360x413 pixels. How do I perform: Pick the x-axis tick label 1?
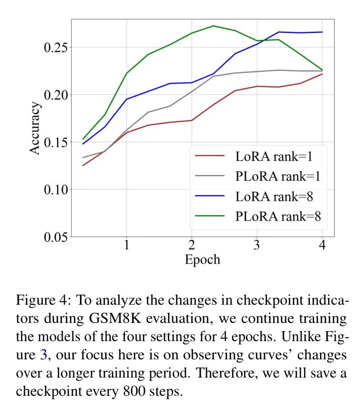coord(126,245)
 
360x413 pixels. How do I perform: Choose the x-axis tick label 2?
coord(192,245)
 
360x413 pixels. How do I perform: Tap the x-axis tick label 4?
coord(322,245)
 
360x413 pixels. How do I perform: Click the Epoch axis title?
coord(202,260)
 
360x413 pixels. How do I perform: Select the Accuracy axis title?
coord(34,128)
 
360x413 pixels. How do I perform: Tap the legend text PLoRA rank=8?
coord(278,216)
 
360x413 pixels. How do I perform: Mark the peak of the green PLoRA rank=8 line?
coord(213,26)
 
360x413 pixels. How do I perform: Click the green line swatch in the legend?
coord(210,216)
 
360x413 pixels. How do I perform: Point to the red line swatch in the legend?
coord(210,156)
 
